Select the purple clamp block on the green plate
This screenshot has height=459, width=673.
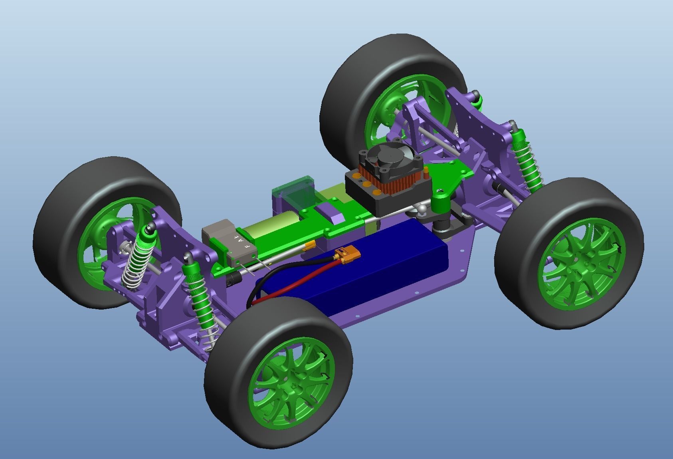pyautogui.click(x=331, y=211)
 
